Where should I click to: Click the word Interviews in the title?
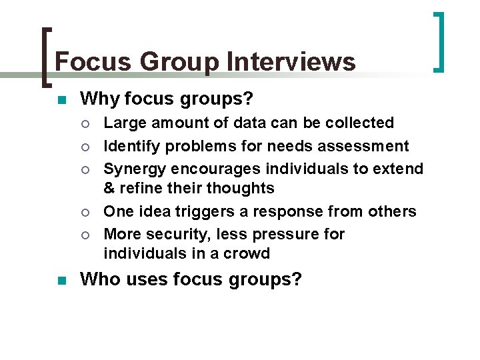click(x=291, y=62)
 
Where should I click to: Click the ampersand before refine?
click(x=110, y=188)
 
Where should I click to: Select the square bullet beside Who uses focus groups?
click(x=60, y=280)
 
